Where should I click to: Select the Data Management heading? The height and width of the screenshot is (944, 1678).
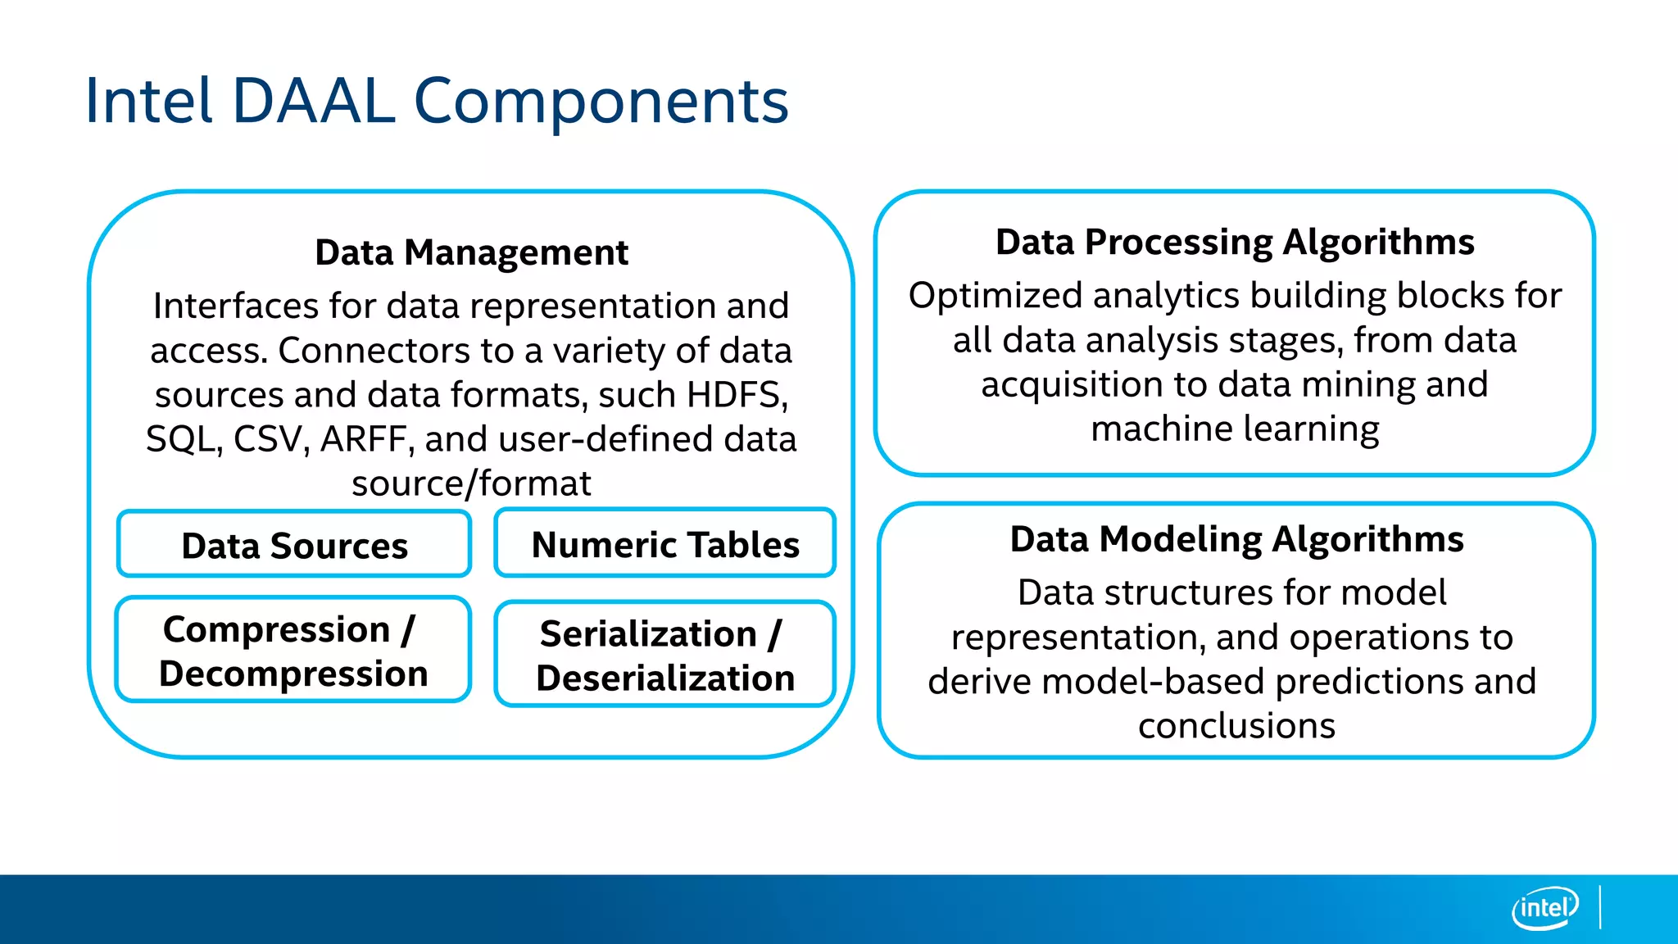pos(471,252)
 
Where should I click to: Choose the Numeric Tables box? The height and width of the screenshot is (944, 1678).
pos(665,544)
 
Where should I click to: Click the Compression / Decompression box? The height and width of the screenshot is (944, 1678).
pos(293,651)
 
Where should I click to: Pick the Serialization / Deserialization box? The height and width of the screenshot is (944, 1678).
pos(665,656)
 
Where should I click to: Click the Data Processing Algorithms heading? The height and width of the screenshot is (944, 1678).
pos(1235,243)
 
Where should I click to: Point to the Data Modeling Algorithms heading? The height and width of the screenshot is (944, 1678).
pos(1236,539)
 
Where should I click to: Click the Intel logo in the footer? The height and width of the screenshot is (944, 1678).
pos(1544,908)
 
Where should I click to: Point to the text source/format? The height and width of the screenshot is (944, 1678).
pos(471,483)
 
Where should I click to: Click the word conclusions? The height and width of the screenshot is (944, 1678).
pos(1236,726)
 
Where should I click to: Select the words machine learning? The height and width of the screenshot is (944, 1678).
pos(1235,429)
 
